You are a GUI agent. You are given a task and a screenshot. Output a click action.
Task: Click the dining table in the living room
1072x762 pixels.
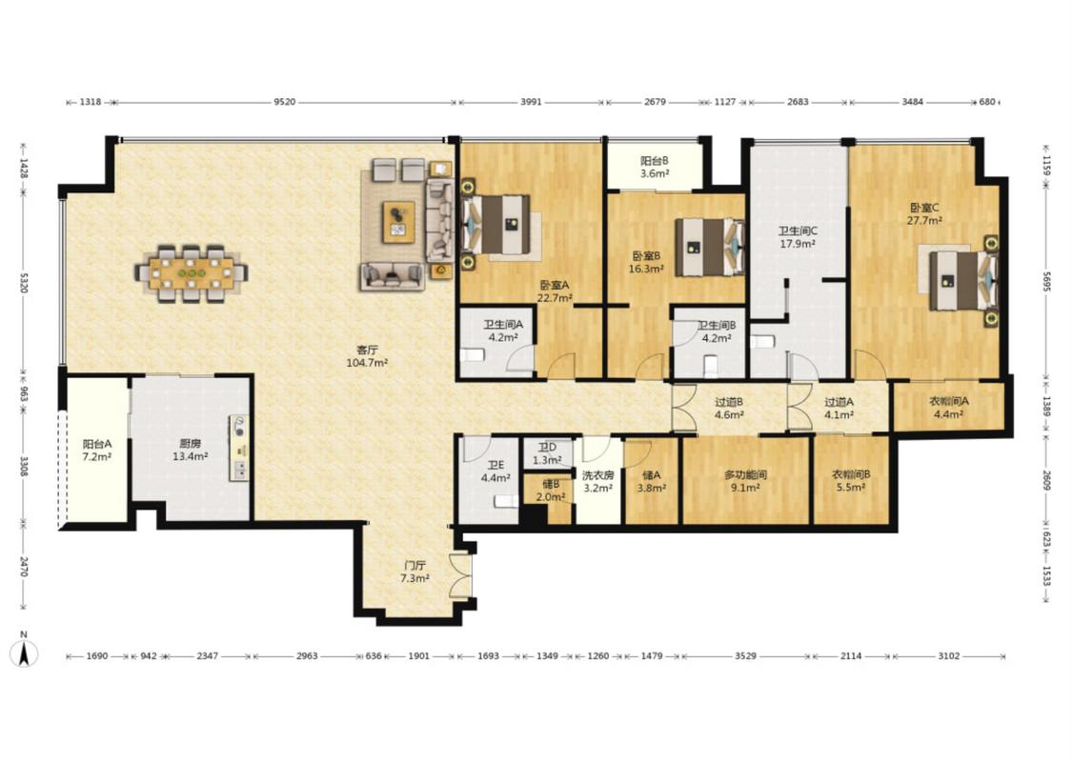(191, 273)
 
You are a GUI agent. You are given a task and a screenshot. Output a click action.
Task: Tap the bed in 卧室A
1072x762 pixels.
(496, 224)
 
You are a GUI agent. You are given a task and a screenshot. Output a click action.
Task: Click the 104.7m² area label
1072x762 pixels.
(367, 363)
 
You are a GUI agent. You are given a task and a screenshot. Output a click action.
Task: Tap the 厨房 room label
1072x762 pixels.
(190, 444)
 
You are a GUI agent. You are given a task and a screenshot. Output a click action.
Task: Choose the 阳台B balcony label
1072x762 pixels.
(655, 161)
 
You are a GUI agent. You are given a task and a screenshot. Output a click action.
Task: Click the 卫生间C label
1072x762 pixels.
(798, 231)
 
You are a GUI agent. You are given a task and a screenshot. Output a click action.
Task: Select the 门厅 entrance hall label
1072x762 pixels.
(415, 565)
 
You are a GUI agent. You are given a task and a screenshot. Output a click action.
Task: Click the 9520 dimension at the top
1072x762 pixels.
(284, 102)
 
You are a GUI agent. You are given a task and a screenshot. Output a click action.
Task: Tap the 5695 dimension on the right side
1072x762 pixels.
(1045, 282)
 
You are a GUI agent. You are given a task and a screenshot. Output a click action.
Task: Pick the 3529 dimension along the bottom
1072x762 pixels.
(745, 656)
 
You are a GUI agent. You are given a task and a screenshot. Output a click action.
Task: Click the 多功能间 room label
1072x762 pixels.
(745, 474)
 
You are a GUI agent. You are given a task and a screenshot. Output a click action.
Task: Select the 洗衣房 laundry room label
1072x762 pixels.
(597, 475)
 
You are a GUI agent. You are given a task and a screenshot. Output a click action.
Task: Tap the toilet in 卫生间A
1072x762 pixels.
(473, 354)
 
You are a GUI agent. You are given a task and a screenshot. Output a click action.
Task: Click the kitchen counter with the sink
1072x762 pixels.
(238, 447)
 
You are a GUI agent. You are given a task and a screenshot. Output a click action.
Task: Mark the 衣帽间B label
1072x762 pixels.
(851, 474)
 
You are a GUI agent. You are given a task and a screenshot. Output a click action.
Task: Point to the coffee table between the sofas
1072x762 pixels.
(398, 221)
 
